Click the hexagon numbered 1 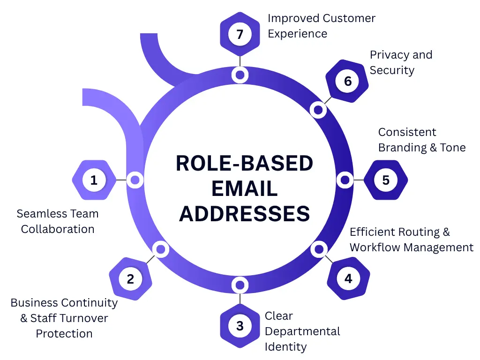point(94,180)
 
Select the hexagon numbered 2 point(130,279)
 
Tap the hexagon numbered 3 point(240,326)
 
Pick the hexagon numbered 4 point(348,278)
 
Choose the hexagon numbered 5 point(386,180)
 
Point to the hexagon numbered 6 point(347,81)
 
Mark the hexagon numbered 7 point(240,34)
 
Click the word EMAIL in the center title point(244,188)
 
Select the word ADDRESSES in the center point(244,214)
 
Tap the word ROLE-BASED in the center point(244,164)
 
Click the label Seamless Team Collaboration point(58,221)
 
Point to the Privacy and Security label point(401,62)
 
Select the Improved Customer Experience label point(321,26)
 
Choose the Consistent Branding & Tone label point(422,140)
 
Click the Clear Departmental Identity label point(302,331)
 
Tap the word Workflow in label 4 point(378,247)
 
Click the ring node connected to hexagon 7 point(240,75)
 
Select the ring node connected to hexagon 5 point(345,180)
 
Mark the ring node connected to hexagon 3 point(240,285)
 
